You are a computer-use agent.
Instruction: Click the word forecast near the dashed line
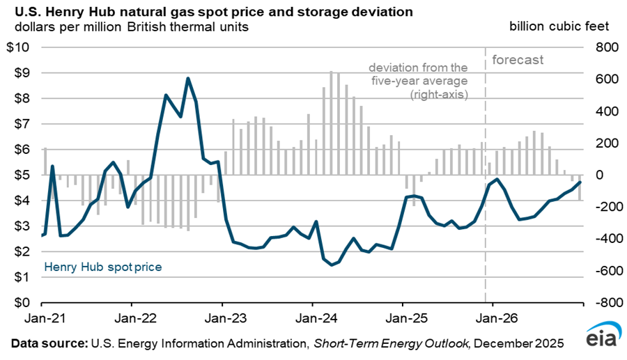[x=518, y=60]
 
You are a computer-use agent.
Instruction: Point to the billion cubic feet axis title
[x=559, y=26]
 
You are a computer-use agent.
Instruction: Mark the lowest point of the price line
[x=332, y=265]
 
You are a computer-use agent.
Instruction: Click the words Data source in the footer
[x=46, y=343]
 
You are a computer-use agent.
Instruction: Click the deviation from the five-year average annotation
[x=418, y=80]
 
